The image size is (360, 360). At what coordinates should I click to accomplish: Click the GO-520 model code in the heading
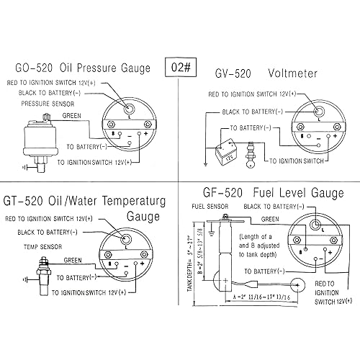click(37, 68)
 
